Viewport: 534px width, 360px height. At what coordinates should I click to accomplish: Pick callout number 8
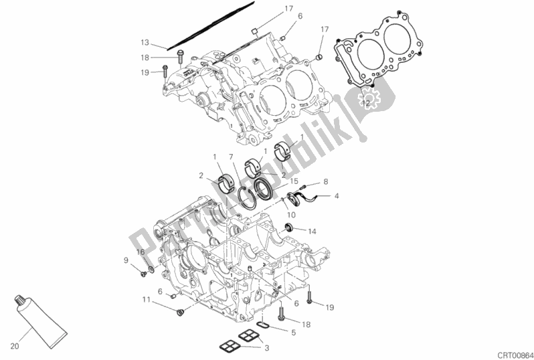point(325,181)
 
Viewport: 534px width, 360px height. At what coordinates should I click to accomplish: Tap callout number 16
point(141,252)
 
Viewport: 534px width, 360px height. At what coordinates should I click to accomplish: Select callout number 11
point(145,300)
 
